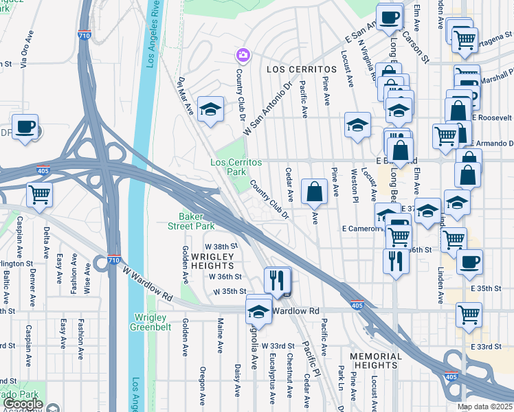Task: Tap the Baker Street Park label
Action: (192, 221)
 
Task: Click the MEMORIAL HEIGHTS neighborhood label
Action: (375, 360)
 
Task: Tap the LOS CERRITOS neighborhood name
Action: (295, 70)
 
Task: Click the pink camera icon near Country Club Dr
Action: (242, 54)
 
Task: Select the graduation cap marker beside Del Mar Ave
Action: (210, 109)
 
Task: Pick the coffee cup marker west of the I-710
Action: (25, 127)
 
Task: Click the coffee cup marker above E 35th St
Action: (469, 261)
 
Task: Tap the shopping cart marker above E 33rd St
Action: (469, 314)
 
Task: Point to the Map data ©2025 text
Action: (484, 407)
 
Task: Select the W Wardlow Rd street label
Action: (148, 284)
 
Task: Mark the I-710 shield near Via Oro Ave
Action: (84, 35)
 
